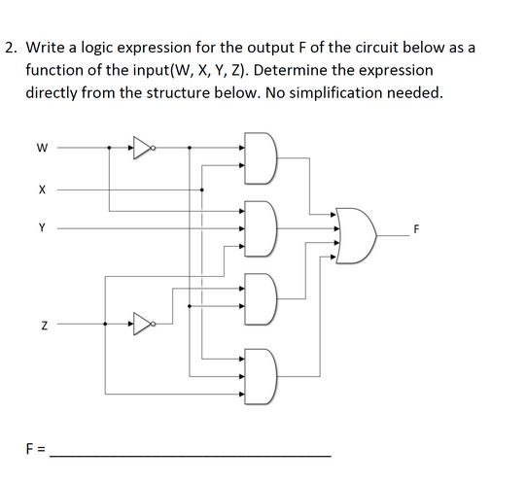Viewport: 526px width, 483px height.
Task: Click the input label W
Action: [x=41, y=149]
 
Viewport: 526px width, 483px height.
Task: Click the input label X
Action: [x=42, y=190]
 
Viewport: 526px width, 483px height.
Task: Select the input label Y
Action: [x=42, y=229]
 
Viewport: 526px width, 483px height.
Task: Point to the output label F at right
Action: [x=417, y=230]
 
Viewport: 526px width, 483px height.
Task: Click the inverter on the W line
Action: [x=143, y=149]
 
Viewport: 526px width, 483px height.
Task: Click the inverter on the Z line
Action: [x=143, y=321]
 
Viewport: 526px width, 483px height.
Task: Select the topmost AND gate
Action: [x=263, y=163]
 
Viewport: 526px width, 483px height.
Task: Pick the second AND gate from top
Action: [x=263, y=229]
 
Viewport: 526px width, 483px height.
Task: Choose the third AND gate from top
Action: [x=263, y=296]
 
